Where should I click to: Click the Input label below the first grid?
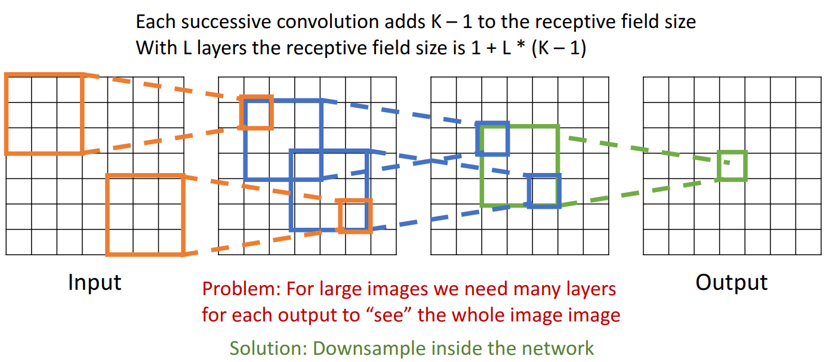pyautogui.click(x=94, y=282)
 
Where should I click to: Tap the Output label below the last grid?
pyautogui.click(x=731, y=282)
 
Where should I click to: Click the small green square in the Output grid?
pyautogui.click(x=732, y=166)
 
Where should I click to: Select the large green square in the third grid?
pyautogui.click(x=519, y=165)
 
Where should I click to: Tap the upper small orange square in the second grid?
pyautogui.click(x=257, y=113)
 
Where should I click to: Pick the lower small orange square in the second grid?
pyautogui.click(x=355, y=216)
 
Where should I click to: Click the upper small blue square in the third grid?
pyautogui.click(x=492, y=138)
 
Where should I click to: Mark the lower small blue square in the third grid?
pyautogui.click(x=544, y=191)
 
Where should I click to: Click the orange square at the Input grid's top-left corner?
pyautogui.click(x=44, y=114)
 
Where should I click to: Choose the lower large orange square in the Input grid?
pyautogui.click(x=144, y=215)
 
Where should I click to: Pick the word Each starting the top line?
pyautogui.click(x=153, y=22)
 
